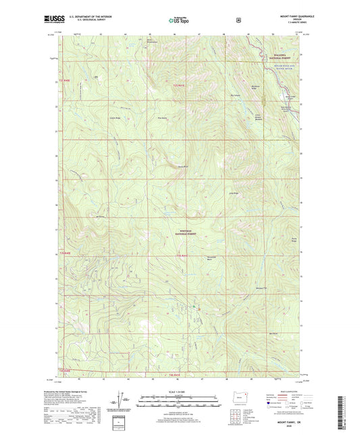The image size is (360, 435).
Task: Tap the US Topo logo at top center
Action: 180,21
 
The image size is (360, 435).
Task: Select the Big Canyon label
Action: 235,96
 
